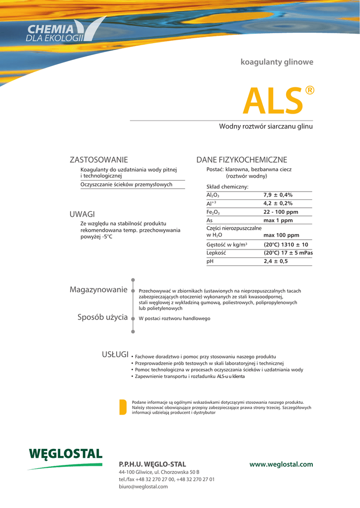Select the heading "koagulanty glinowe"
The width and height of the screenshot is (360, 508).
pos(277,63)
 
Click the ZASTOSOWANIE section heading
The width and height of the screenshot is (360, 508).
pos(99,160)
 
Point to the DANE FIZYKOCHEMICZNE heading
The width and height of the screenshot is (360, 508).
pos(242,160)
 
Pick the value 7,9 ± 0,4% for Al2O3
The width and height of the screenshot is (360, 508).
pos(278,195)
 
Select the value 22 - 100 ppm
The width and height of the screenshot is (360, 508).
pos(281,212)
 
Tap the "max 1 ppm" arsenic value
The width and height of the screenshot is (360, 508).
pos(278,220)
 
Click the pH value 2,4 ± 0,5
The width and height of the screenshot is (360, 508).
pos(276,261)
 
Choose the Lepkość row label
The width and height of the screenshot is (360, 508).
pos(216,253)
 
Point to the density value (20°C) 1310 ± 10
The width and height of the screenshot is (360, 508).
pos(286,245)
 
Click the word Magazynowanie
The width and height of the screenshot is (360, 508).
pos(98,290)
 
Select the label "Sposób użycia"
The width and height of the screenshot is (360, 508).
pos(102,317)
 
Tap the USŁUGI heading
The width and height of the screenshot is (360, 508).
pos(115,354)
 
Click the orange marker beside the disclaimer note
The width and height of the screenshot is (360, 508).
pos(123,406)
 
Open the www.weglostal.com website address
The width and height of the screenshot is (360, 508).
pos(282,464)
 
